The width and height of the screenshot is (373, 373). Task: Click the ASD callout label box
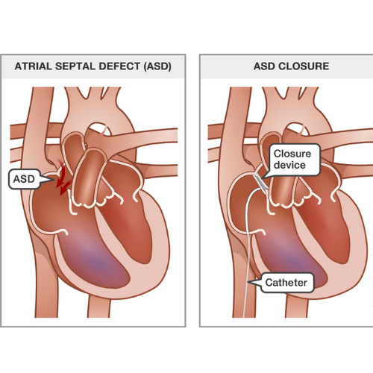(25, 179)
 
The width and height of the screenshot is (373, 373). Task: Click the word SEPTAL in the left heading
(75, 66)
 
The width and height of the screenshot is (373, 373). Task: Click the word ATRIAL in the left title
(34, 66)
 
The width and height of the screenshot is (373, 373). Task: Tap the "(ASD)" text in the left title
(157, 66)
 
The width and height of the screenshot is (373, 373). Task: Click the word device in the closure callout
(289, 165)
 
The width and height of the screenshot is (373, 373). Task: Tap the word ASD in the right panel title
(264, 66)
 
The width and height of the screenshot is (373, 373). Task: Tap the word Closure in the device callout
(292, 154)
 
